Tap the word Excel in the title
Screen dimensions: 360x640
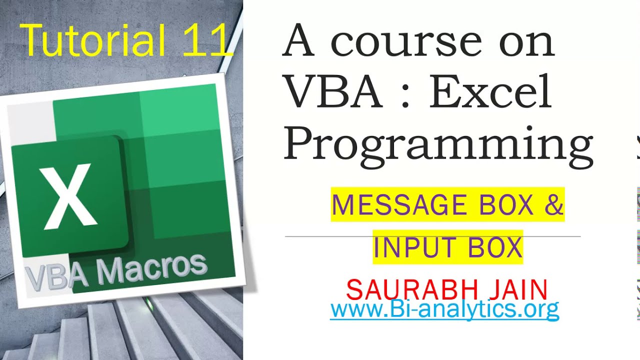pos(490,92)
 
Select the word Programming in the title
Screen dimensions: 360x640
pos(438,145)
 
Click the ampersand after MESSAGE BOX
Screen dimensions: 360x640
pos(554,204)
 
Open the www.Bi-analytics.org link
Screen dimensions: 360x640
pos(444,309)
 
